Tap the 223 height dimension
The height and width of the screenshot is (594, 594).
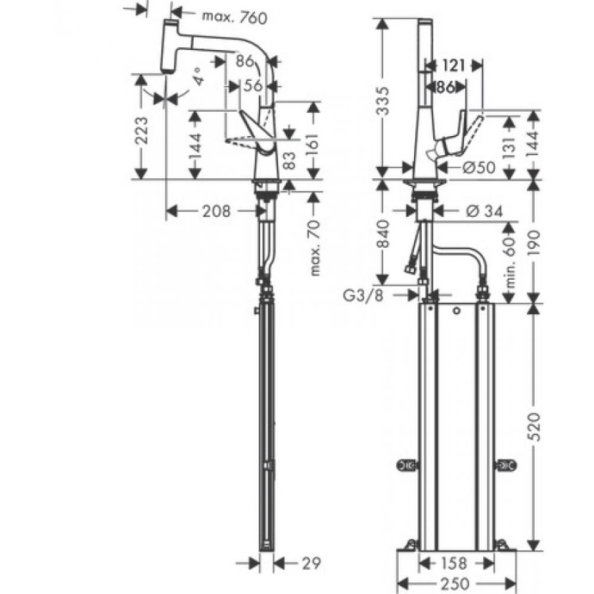(x=144, y=131)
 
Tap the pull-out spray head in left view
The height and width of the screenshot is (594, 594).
(x=168, y=51)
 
